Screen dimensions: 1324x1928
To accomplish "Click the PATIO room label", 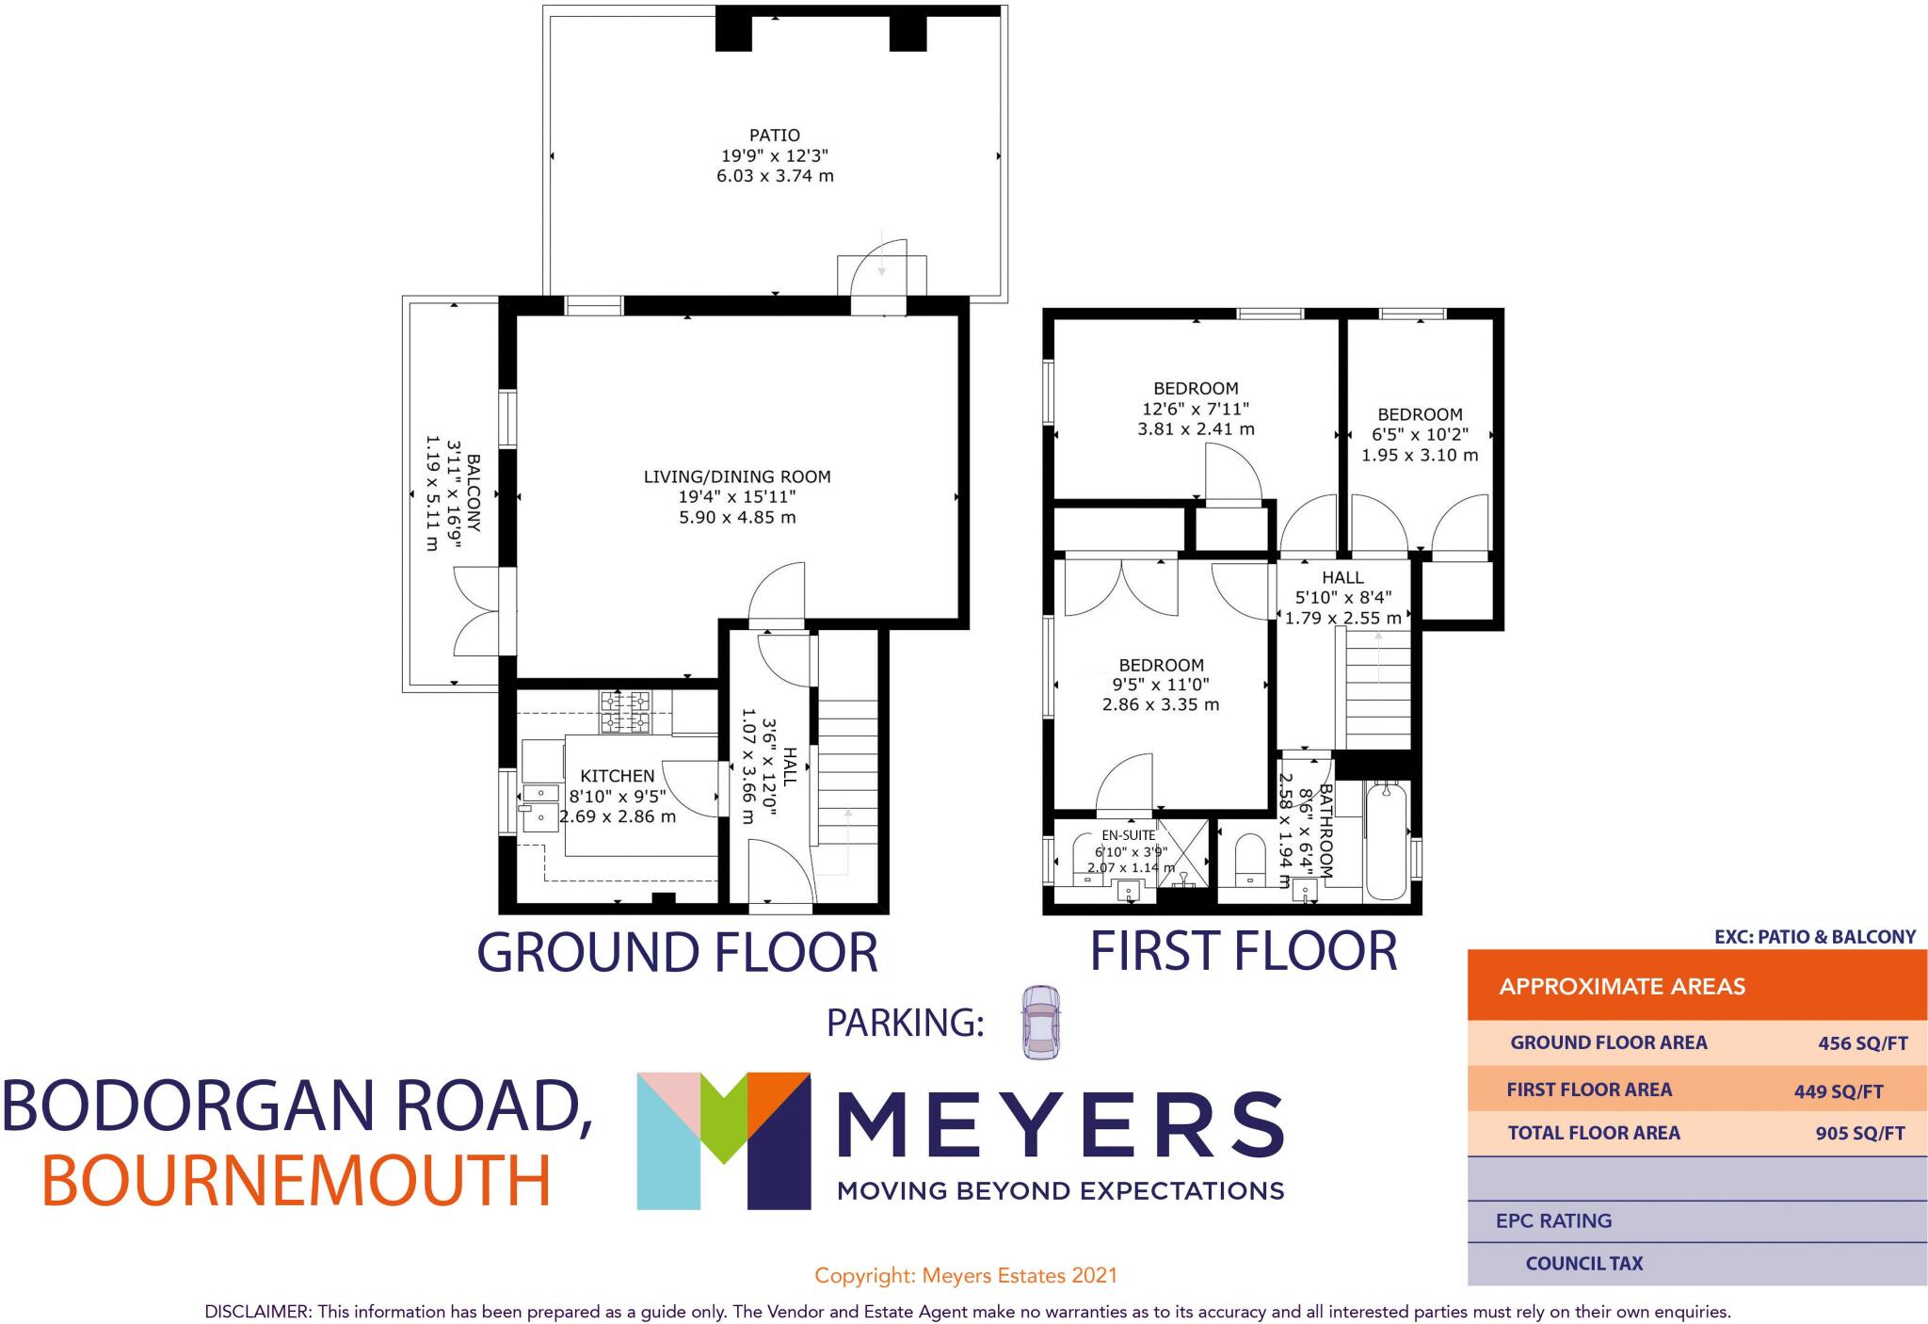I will click(775, 136).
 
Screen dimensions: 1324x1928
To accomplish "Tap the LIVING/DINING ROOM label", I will click(737, 476).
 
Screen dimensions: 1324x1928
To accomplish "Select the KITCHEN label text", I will click(617, 776).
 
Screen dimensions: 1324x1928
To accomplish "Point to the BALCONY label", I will click(474, 493).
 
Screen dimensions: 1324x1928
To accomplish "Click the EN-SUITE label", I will click(1128, 835).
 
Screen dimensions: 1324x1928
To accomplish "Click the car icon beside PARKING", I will click(1038, 1023).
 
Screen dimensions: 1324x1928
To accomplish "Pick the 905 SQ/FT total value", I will click(1859, 1134).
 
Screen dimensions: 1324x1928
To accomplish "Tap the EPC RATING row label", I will click(1553, 1221).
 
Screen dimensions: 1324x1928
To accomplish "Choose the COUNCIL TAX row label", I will click(1583, 1264).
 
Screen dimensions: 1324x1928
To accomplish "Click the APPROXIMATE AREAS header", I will click(1622, 987).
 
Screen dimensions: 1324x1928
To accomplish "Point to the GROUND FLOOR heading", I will click(678, 952).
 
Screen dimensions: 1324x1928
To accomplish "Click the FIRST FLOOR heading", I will click(1243, 951).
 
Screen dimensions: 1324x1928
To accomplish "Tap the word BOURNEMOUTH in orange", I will click(297, 1182).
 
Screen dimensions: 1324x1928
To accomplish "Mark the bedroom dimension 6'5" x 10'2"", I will click(1419, 435).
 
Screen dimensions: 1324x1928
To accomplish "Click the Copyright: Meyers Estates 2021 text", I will click(966, 1276).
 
